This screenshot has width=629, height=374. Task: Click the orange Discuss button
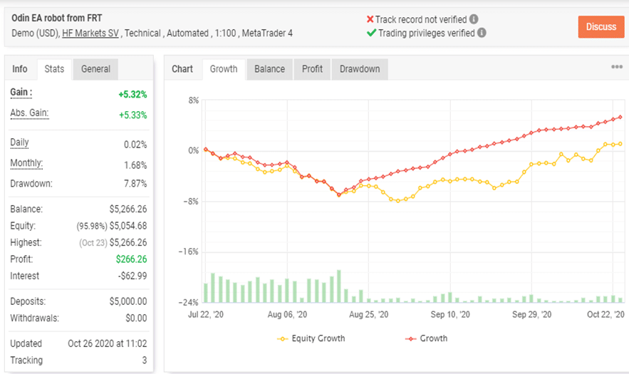coord(601,27)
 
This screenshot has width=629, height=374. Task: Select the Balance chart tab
coord(269,69)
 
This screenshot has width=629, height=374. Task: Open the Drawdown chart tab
coord(359,69)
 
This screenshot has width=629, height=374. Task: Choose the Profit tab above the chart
coord(312,69)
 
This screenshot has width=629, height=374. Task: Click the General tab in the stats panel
coord(95,69)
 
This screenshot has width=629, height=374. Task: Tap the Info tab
coord(20,69)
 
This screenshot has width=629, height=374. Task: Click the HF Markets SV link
coord(90,33)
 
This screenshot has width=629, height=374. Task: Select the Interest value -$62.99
coord(132,276)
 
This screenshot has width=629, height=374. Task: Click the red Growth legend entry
coord(427,338)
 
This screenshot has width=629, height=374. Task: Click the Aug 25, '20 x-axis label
coord(368,314)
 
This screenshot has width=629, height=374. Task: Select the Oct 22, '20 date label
coord(605,314)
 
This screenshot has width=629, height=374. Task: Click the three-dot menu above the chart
coord(617,67)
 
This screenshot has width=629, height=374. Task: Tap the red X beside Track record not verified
coord(370,19)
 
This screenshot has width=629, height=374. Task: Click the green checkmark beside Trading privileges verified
coord(370,33)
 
